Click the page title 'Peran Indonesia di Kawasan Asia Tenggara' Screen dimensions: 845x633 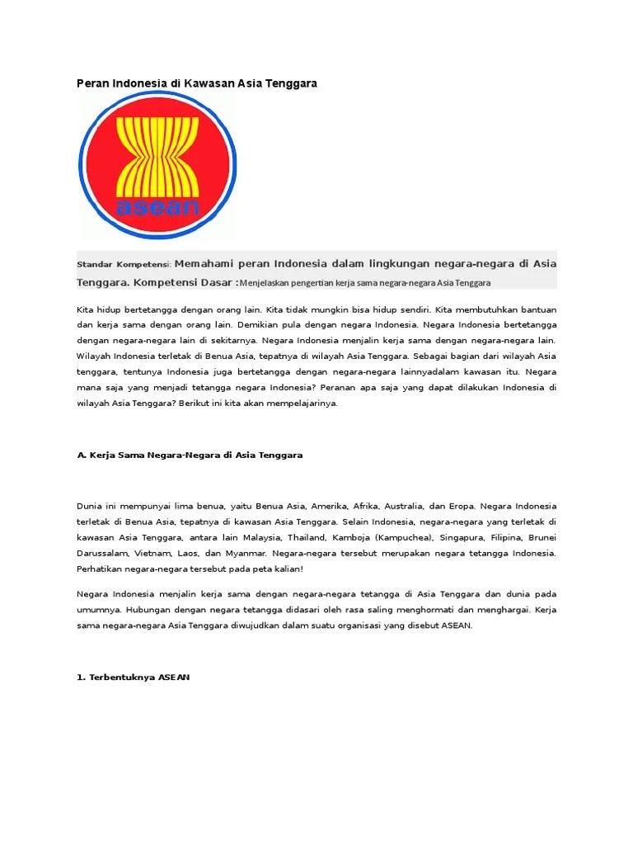pos(197,83)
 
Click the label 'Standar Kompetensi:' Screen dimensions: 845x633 pos(123,265)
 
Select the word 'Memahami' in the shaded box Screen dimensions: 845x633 pos(204,264)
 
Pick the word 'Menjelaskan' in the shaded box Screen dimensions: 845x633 pos(266,283)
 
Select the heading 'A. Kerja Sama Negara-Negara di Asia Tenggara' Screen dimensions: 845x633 pos(190,455)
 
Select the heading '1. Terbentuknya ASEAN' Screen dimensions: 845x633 pos(133,677)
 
